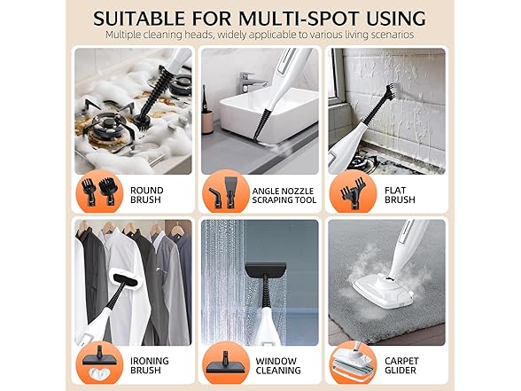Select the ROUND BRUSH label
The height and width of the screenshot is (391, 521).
147,195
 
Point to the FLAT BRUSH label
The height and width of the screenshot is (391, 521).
400,195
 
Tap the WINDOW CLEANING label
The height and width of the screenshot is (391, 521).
276,366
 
